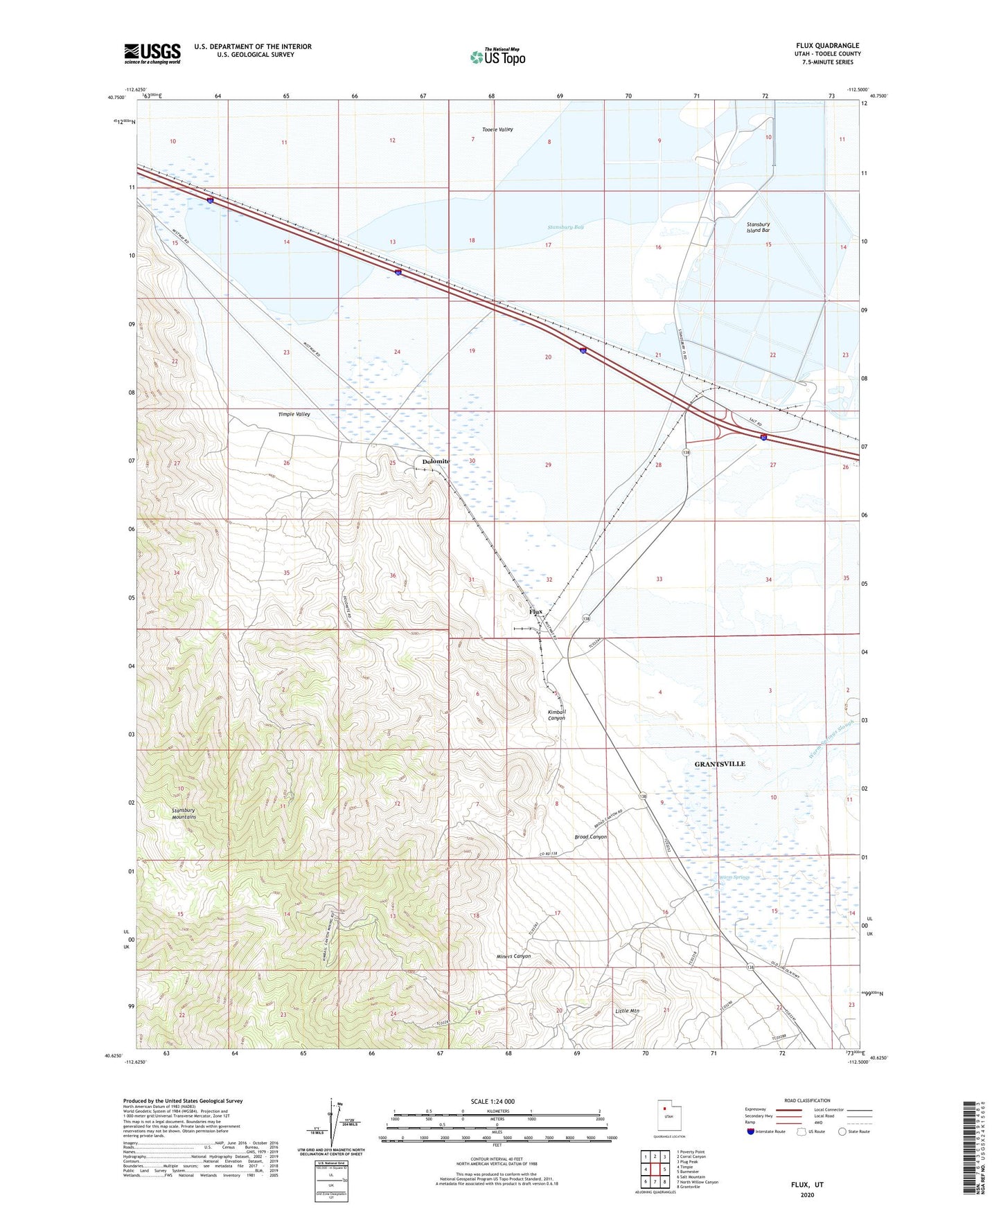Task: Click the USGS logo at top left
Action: click(x=152, y=53)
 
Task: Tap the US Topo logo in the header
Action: click(x=497, y=57)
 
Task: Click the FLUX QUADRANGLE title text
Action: click(x=827, y=46)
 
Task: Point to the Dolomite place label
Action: click(x=436, y=461)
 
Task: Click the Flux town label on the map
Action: click(x=535, y=612)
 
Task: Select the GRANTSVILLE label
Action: click(x=720, y=764)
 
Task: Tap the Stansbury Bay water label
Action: click(x=565, y=227)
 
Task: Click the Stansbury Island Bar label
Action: click(x=758, y=227)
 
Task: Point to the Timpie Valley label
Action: click(x=294, y=414)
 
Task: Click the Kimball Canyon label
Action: click(x=557, y=715)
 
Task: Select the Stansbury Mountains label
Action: click(x=184, y=813)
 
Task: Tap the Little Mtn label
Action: click(x=628, y=1011)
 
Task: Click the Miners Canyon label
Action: click(x=514, y=956)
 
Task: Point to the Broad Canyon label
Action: click(x=590, y=836)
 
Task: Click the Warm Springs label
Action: click(x=735, y=877)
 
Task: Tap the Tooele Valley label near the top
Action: click(x=497, y=129)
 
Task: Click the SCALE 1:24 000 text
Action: click(x=493, y=1101)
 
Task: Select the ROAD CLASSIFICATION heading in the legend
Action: click(x=807, y=1100)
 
